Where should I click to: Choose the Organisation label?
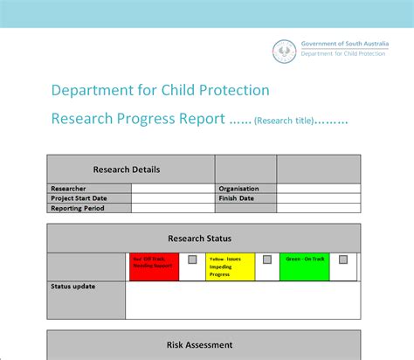click(238, 188)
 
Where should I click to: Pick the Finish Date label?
click(236, 197)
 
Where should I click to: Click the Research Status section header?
click(203, 238)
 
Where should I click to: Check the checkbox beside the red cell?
click(192, 260)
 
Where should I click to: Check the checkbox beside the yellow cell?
click(267, 260)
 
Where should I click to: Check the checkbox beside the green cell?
click(343, 260)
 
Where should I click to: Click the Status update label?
click(73, 286)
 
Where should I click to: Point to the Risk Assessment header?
click(203, 344)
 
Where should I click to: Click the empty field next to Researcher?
click(173, 188)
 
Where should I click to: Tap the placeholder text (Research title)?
click(283, 120)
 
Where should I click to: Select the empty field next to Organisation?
click(318, 188)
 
